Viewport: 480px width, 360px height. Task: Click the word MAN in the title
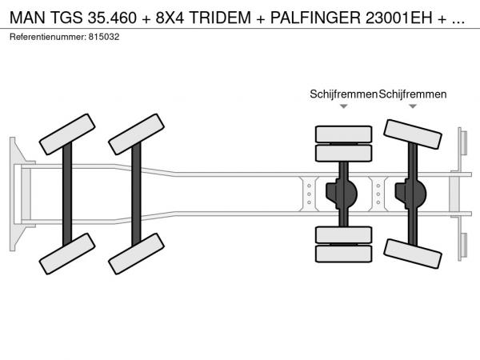[x=27, y=18]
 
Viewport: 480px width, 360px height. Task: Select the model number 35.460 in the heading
[x=112, y=18]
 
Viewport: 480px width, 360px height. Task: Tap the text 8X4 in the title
[x=170, y=18]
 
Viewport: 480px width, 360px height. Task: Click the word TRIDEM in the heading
[x=220, y=18]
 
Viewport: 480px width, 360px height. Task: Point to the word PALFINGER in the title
[x=315, y=18]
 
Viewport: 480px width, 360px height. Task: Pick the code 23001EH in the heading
[x=399, y=18]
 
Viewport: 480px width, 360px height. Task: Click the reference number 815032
[x=104, y=37]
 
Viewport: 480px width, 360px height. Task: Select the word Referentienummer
[x=48, y=37]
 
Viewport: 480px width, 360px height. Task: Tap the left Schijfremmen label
[x=343, y=94]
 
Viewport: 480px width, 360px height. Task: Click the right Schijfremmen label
[x=413, y=94]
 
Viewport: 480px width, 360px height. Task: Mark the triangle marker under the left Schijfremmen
[x=344, y=106]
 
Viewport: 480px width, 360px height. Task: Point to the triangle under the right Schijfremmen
[x=413, y=106]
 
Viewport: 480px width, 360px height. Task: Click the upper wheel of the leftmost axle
[x=67, y=134]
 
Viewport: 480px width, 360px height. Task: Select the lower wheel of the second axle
[x=136, y=254]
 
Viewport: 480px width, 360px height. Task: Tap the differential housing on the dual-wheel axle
[x=342, y=194]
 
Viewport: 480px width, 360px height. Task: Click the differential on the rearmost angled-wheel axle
[x=411, y=194]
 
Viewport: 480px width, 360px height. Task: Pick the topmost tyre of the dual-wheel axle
[x=344, y=134]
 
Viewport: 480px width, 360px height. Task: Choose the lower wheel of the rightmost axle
[x=413, y=254]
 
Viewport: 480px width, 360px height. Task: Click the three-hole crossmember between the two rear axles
[x=378, y=194]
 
